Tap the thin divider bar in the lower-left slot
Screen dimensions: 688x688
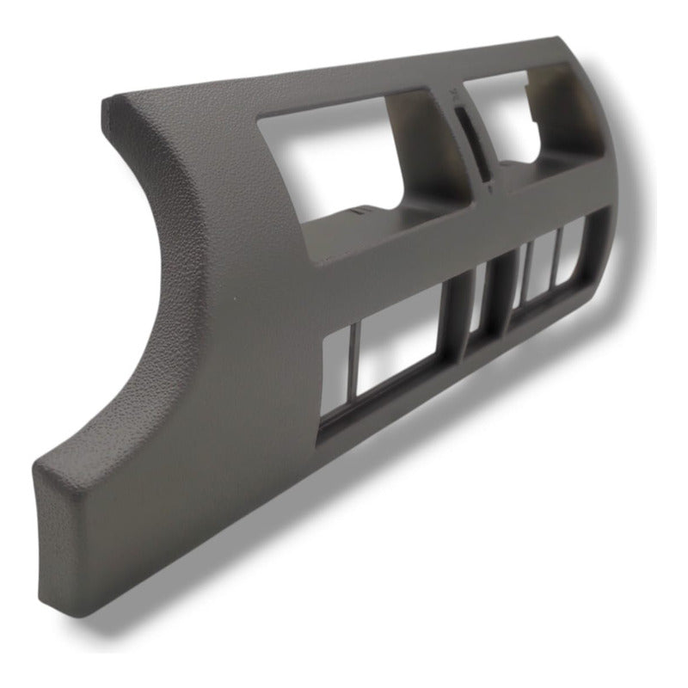[353, 365]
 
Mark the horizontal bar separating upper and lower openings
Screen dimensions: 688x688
[430, 245]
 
